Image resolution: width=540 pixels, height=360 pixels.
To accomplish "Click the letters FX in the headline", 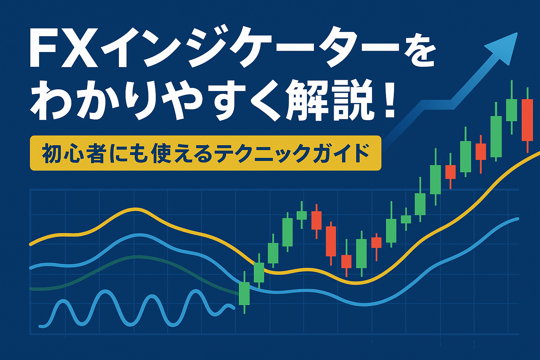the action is click(x=64, y=48).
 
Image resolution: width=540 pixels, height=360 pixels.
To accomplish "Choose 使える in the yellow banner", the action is click(x=182, y=154).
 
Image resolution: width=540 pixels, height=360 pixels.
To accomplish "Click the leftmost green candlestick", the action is click(x=244, y=292).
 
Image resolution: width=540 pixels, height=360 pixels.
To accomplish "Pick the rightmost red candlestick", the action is click(x=527, y=120).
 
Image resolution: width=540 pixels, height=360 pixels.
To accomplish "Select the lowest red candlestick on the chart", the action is click(x=346, y=258).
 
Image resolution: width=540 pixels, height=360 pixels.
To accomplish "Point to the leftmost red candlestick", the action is click(x=316, y=221).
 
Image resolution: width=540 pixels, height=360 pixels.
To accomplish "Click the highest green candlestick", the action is click(x=511, y=107).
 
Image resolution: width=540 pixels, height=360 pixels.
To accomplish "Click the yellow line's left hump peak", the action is click(x=136, y=209).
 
